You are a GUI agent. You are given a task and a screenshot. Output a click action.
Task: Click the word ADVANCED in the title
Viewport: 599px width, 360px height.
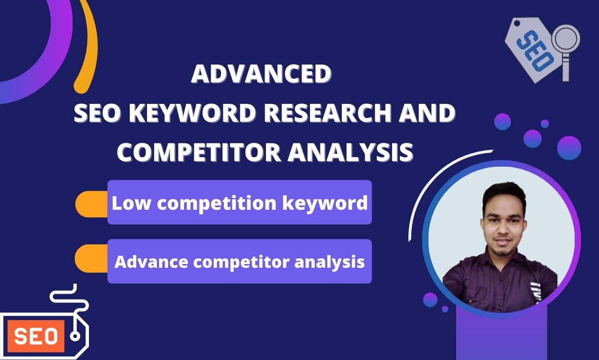pyautogui.click(x=261, y=74)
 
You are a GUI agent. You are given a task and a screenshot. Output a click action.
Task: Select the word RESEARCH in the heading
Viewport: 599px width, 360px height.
pyautogui.click(x=341, y=114)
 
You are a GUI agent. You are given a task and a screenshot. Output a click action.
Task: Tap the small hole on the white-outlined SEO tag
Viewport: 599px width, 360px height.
pyautogui.click(x=74, y=336)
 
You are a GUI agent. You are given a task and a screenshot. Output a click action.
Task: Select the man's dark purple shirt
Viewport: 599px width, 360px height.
pyautogui.click(x=496, y=286)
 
